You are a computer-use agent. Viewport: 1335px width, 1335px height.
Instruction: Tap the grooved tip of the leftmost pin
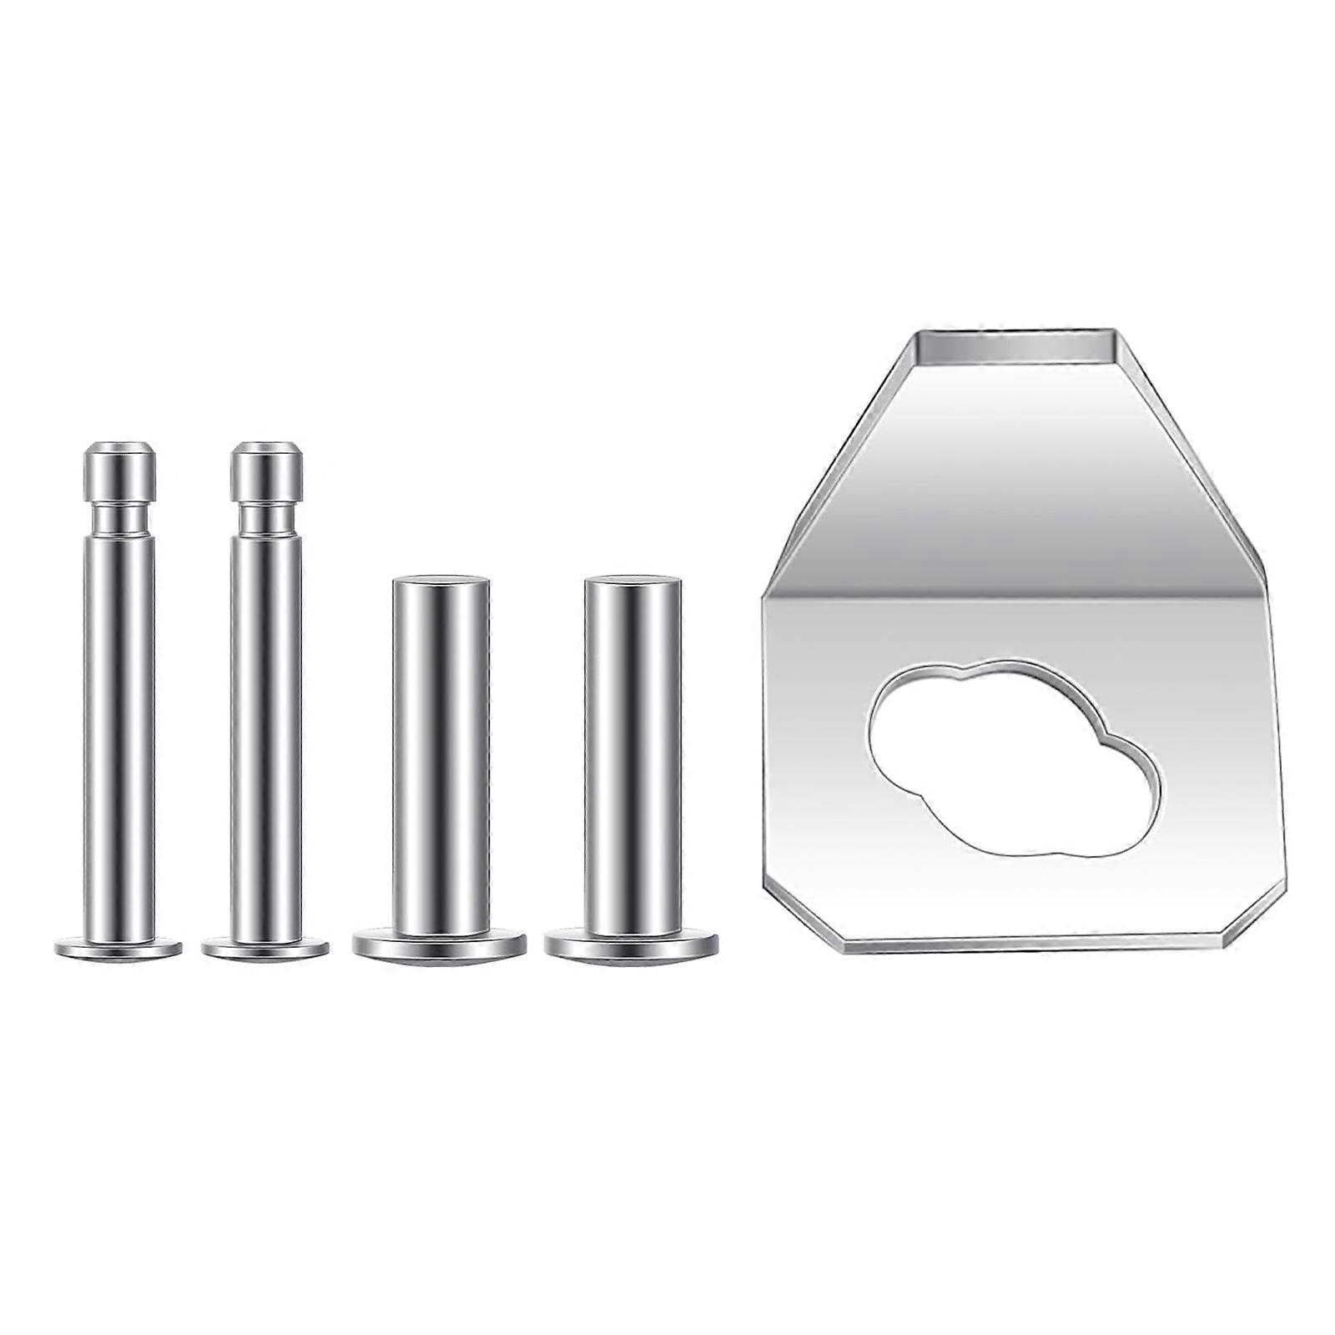click(120, 471)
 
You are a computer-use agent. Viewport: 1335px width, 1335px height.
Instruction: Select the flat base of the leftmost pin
click(118, 948)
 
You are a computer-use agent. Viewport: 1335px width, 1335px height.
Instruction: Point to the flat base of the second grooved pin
click(265, 948)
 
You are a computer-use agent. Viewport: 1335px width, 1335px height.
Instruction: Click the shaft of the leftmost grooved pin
click(119, 734)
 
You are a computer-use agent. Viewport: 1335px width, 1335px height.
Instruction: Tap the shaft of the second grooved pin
click(266, 734)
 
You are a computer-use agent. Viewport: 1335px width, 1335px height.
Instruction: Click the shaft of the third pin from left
click(441, 751)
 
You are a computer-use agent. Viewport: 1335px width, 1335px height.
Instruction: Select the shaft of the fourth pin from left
click(632, 751)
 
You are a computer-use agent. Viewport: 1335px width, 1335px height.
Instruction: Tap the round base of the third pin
click(439, 945)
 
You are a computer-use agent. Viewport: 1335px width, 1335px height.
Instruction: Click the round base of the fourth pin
click(632, 945)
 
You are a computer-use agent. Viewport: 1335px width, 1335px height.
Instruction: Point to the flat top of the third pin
click(441, 580)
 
